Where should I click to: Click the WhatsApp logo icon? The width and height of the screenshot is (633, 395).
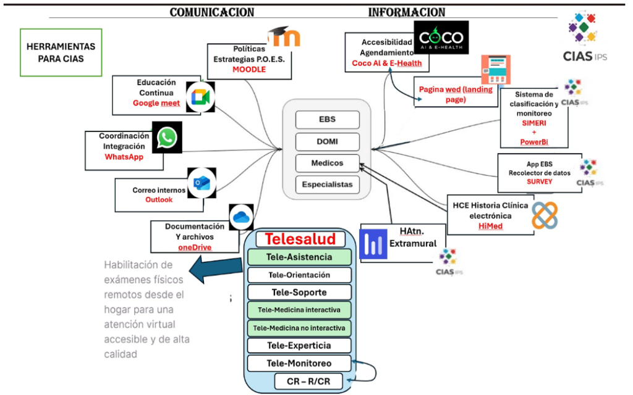(166, 138)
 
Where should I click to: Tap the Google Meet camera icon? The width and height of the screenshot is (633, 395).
(200, 97)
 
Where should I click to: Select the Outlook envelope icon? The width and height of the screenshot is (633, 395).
(202, 182)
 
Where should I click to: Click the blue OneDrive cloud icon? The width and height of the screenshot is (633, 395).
(241, 217)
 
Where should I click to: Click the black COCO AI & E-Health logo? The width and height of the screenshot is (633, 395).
(441, 36)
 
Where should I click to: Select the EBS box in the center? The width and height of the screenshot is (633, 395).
(327, 120)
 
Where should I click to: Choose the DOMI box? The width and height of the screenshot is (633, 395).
(327, 142)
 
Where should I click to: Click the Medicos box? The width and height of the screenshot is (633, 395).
(327, 164)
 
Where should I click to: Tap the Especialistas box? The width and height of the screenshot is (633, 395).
(327, 184)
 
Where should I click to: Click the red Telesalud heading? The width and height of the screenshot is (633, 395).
(300, 239)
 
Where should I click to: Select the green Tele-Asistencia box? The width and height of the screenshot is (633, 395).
(299, 257)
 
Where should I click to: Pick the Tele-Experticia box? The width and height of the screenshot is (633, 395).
(299, 346)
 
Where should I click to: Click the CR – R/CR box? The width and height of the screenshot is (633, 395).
(308, 381)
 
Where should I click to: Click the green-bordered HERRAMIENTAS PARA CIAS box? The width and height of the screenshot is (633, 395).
(61, 52)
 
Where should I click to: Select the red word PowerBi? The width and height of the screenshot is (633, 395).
(534, 142)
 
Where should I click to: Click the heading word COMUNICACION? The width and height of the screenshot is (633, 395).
(211, 12)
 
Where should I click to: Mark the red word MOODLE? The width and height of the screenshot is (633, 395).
(249, 69)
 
